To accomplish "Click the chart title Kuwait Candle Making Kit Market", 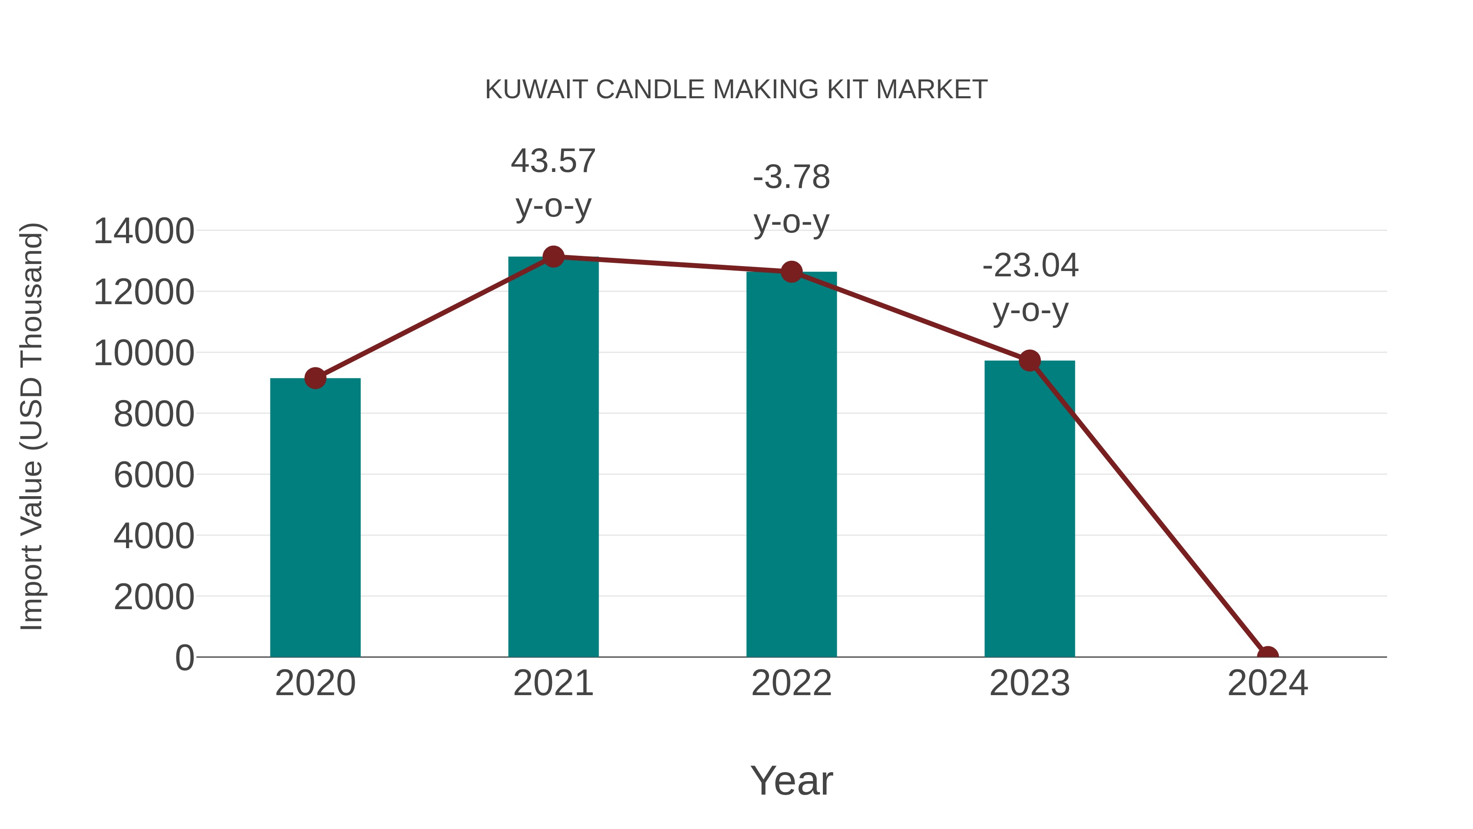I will (736, 90).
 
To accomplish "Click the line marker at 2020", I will (315, 378).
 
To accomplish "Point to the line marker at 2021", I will (553, 257).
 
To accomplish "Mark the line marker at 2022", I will (791, 272).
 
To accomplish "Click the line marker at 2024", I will (1268, 656).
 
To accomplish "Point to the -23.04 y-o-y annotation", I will (1030, 288).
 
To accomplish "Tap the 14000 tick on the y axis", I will (144, 231).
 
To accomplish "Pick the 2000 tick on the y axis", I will (154, 597).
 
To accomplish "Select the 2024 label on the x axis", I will (1268, 683).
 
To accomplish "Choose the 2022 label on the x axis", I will (791, 683).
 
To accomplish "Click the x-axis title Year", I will (791, 780).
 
